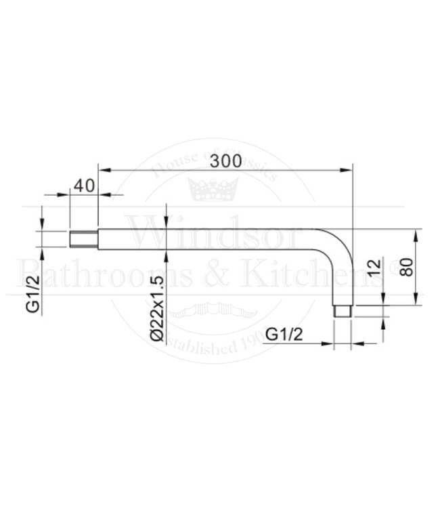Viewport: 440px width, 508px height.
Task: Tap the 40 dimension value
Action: pyautogui.click(x=83, y=186)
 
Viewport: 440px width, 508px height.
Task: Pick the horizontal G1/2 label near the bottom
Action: pyautogui.click(x=284, y=334)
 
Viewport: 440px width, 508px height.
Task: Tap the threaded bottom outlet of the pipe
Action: pyautogui.click(x=344, y=312)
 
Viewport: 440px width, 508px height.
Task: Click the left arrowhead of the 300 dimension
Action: pyautogui.click(x=104, y=169)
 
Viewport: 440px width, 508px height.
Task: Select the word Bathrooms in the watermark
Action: pyautogui.click(x=108, y=274)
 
